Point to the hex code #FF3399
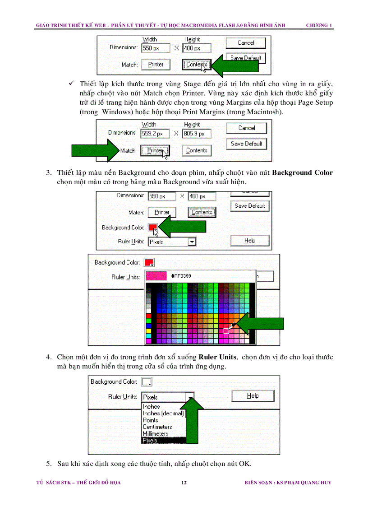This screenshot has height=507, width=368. tap(181, 276)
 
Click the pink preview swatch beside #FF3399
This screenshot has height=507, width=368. tap(155, 276)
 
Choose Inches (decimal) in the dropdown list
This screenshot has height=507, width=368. tap(163, 413)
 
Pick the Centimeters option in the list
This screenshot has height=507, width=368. tap(157, 427)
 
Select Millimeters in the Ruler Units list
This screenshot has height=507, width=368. tap(155, 433)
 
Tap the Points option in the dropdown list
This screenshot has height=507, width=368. tap(150, 420)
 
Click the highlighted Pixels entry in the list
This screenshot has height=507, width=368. tap(150, 440)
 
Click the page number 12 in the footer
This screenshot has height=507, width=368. tap(184, 483)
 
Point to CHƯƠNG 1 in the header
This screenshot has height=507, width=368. tap(319, 25)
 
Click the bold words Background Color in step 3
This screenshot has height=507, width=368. tap(303, 173)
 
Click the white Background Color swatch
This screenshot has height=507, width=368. tap(147, 382)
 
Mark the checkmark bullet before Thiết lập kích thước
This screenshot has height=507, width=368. tap(71, 84)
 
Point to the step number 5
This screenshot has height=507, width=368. tap(48, 464)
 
